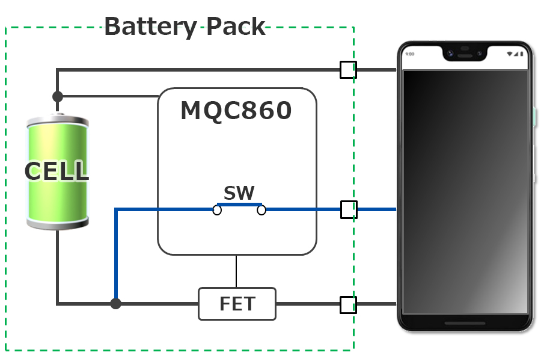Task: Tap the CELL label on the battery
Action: (x=57, y=171)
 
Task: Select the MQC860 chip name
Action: (x=236, y=111)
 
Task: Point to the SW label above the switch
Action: (x=239, y=193)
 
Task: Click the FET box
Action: (x=237, y=304)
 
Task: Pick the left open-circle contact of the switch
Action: (x=217, y=210)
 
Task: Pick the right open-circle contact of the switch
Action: (x=261, y=210)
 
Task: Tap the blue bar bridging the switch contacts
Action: (x=239, y=205)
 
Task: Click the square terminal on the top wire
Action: (x=348, y=70)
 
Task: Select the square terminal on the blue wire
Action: (x=349, y=209)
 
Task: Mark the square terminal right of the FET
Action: (x=348, y=304)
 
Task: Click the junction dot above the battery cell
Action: (x=58, y=96)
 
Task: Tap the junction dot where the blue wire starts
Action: (x=115, y=304)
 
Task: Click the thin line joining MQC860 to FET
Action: (x=236, y=271)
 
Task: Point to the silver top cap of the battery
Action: (x=58, y=120)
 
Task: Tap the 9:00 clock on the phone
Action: (x=410, y=54)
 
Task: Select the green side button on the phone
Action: (x=534, y=117)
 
